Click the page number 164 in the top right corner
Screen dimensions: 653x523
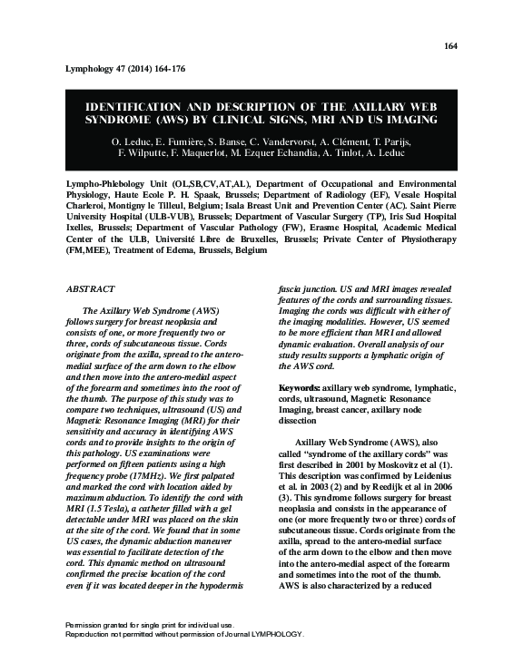click(451, 46)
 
